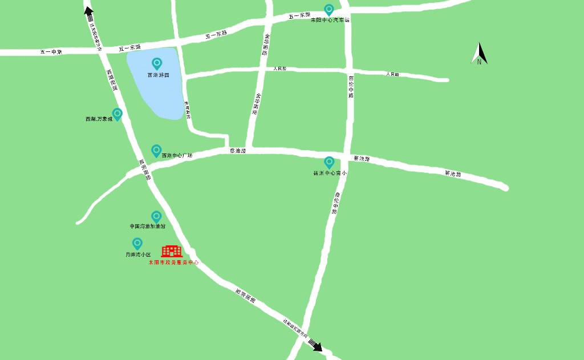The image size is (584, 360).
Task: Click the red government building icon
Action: point(171,251)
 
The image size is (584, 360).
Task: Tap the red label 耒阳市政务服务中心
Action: point(173,262)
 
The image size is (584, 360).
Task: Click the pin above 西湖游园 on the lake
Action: point(157,64)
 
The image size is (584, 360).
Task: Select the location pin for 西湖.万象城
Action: point(117,114)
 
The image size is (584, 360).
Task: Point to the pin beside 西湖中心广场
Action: point(156,151)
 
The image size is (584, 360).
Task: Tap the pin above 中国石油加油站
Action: point(156,217)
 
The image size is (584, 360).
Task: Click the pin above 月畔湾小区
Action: point(137,244)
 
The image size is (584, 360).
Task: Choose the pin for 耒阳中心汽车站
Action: point(329,10)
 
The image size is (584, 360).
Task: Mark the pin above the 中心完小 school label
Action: point(329,163)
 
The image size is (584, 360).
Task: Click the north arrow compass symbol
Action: point(479,52)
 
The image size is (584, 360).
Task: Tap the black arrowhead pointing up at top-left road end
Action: point(88,9)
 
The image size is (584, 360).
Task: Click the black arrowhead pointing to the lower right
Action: point(317,346)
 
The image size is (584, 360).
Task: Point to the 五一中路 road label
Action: point(51,52)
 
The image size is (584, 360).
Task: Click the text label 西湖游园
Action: point(158,75)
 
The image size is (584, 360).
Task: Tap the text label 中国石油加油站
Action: point(147,226)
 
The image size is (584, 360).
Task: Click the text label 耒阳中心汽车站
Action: point(329,20)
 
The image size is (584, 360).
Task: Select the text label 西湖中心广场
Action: point(177,155)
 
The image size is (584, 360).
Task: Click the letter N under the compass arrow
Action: point(479,62)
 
